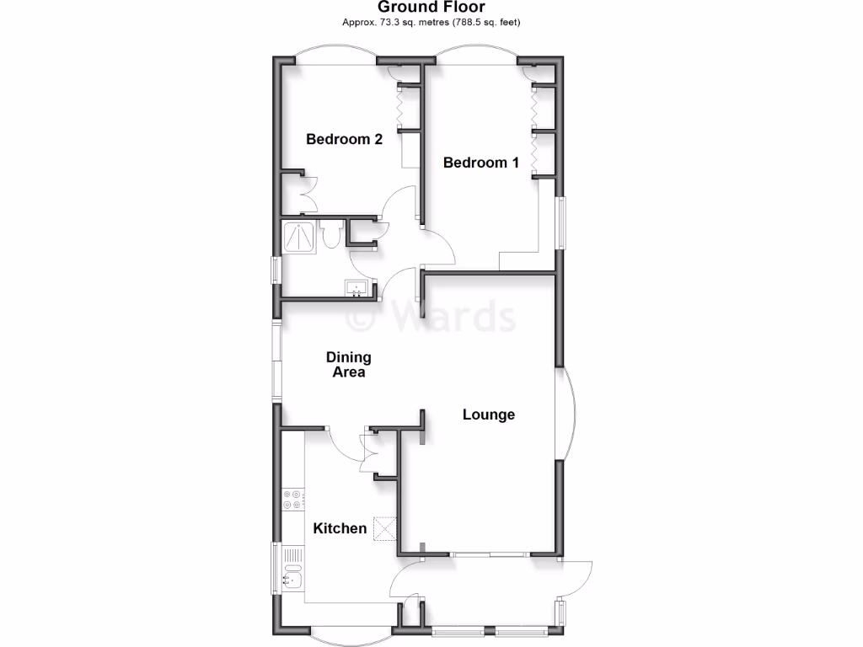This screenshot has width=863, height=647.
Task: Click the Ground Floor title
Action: coord(431,8)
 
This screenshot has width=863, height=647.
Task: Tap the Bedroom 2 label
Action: coord(344,139)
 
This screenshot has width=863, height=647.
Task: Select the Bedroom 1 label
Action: coord(481,163)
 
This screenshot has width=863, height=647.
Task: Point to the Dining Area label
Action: coord(348,365)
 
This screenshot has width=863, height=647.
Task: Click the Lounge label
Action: coord(489,414)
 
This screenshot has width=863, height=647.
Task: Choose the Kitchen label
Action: coord(340,528)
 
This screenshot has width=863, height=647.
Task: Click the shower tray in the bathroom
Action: coord(297,236)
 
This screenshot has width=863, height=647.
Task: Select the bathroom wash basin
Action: coord(358,288)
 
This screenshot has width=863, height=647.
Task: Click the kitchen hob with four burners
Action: coord(292,500)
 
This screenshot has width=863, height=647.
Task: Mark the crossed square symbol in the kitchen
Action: coord(386,528)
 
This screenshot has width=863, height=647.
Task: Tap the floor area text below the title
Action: coord(431,22)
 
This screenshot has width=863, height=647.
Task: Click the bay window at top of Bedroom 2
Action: coord(335,55)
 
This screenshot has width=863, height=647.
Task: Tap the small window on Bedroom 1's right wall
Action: coord(560,223)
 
